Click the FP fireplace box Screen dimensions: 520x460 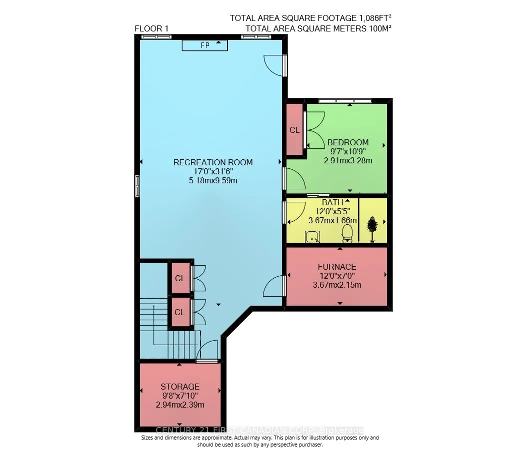coord(204,45)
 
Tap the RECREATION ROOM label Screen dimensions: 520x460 coord(213,162)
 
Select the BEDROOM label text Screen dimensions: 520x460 coord(348,142)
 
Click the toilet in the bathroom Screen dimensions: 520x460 coord(347,233)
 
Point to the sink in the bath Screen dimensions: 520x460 coord(312,237)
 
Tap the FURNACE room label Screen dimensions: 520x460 coord(337,267)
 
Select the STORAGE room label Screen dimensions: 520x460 coord(180,387)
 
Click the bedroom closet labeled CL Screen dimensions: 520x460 coord(294,129)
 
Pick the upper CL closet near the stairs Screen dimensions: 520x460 coord(180,278)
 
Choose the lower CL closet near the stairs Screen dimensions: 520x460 coord(179,312)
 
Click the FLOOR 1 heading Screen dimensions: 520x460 coord(151,29)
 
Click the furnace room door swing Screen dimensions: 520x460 coord(274,286)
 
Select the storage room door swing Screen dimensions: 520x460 coord(207,350)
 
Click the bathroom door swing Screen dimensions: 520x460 coord(295,213)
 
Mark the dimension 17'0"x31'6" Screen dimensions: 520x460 coord(213,171)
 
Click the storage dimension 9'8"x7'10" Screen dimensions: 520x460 coord(180,396)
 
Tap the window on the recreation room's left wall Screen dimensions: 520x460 coord(137,186)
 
